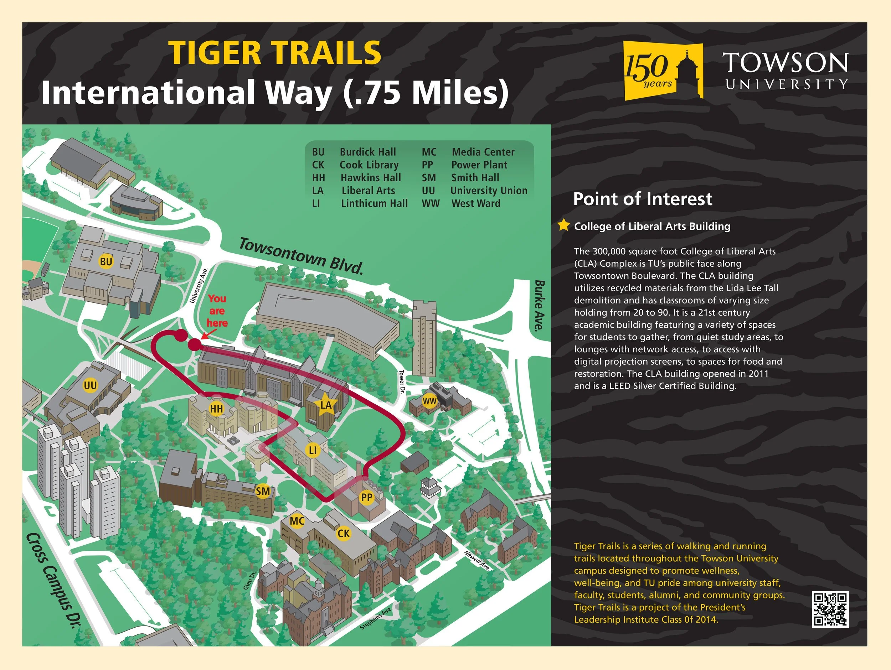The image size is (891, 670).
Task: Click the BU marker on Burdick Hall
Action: (x=106, y=262)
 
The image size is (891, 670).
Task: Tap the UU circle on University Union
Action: (x=90, y=385)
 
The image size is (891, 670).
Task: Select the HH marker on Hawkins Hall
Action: (x=216, y=409)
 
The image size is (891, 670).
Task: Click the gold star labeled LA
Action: (x=325, y=405)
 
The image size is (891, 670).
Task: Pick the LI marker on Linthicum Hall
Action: (x=313, y=450)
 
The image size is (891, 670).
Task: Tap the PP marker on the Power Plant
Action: (x=366, y=497)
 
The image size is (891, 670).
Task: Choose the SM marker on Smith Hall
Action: (x=263, y=491)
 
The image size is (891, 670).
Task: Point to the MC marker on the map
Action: (x=297, y=521)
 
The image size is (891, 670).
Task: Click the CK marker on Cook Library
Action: (x=344, y=534)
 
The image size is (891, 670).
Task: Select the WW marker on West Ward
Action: (x=429, y=401)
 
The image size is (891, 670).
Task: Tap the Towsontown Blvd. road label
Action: (x=301, y=256)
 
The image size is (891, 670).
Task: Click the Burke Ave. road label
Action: (x=539, y=306)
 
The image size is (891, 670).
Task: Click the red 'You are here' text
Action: (x=217, y=311)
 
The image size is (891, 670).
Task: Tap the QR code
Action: (x=830, y=609)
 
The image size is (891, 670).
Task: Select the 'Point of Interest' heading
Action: (x=643, y=199)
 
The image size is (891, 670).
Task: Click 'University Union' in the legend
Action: (x=489, y=191)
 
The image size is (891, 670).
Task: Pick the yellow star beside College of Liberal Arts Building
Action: (x=563, y=225)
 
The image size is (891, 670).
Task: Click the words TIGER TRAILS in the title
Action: (x=275, y=53)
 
